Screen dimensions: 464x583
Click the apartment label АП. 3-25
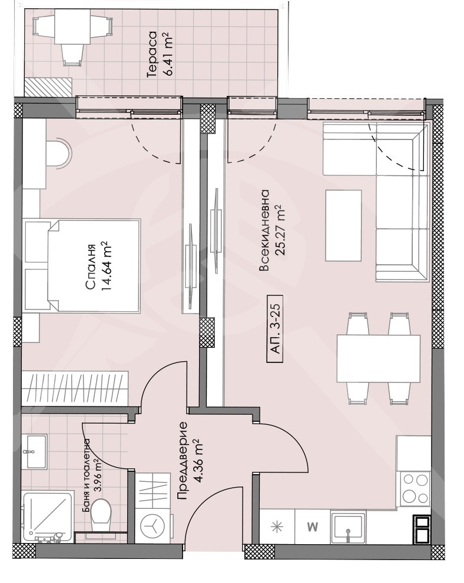[x=276, y=329]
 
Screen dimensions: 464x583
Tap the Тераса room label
[x=153, y=54]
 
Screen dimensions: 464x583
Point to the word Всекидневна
[x=264, y=230]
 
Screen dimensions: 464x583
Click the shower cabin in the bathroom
[x=48, y=517]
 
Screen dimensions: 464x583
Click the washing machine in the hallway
[x=153, y=525]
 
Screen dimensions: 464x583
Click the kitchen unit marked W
[x=312, y=527]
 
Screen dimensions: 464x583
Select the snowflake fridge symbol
[x=277, y=527]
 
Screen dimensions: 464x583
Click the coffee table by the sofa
[x=343, y=225]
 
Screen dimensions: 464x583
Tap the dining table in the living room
[x=379, y=358]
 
